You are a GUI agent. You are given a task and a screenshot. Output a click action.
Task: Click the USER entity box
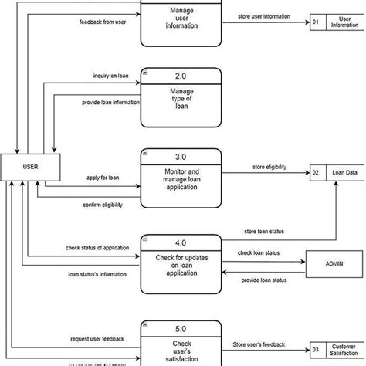click(30, 165)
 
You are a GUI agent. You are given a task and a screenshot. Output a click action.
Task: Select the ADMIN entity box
click(335, 264)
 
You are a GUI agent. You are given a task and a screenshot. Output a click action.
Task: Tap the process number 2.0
click(181, 77)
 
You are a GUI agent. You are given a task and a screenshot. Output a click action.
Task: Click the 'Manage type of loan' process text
click(181, 100)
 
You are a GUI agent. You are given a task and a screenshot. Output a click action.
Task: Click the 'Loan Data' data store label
click(344, 173)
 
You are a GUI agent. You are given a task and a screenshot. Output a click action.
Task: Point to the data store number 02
click(316, 173)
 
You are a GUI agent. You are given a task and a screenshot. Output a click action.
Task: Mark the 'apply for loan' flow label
click(103, 178)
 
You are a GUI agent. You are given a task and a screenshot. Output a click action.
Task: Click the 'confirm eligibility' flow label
click(103, 204)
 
